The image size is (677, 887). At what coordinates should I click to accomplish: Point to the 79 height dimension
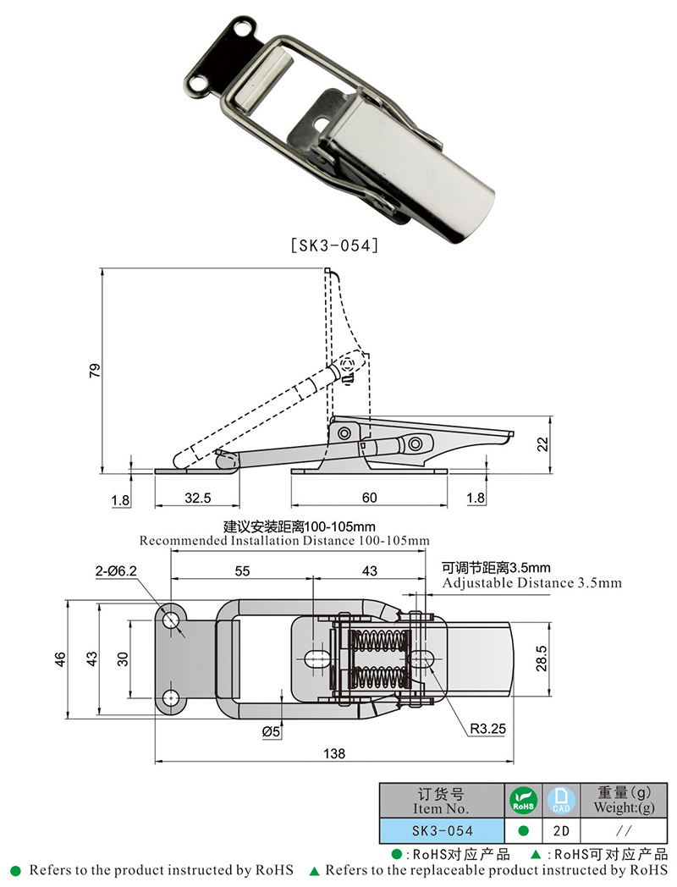tap(95, 370)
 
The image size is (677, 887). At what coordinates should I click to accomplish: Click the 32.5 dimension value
tap(196, 498)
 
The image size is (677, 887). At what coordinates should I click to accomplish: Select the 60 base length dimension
tap(369, 498)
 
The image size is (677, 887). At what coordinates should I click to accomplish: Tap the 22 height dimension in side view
tap(543, 443)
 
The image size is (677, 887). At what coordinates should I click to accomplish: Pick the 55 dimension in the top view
tap(242, 571)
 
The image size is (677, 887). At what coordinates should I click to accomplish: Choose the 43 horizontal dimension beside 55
tap(369, 571)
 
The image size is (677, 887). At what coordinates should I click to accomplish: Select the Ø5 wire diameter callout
tap(271, 730)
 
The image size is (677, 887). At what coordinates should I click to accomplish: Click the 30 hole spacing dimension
tap(123, 657)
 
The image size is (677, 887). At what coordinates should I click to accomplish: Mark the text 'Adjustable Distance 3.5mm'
tap(531, 583)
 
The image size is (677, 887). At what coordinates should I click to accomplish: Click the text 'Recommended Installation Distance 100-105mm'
tap(284, 540)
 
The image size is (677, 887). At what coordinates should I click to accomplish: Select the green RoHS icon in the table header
tap(522, 800)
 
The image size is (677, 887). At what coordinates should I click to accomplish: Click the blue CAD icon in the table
tap(559, 800)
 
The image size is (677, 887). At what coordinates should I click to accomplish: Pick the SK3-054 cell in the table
tap(442, 830)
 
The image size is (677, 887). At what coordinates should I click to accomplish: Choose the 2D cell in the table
tap(559, 830)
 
